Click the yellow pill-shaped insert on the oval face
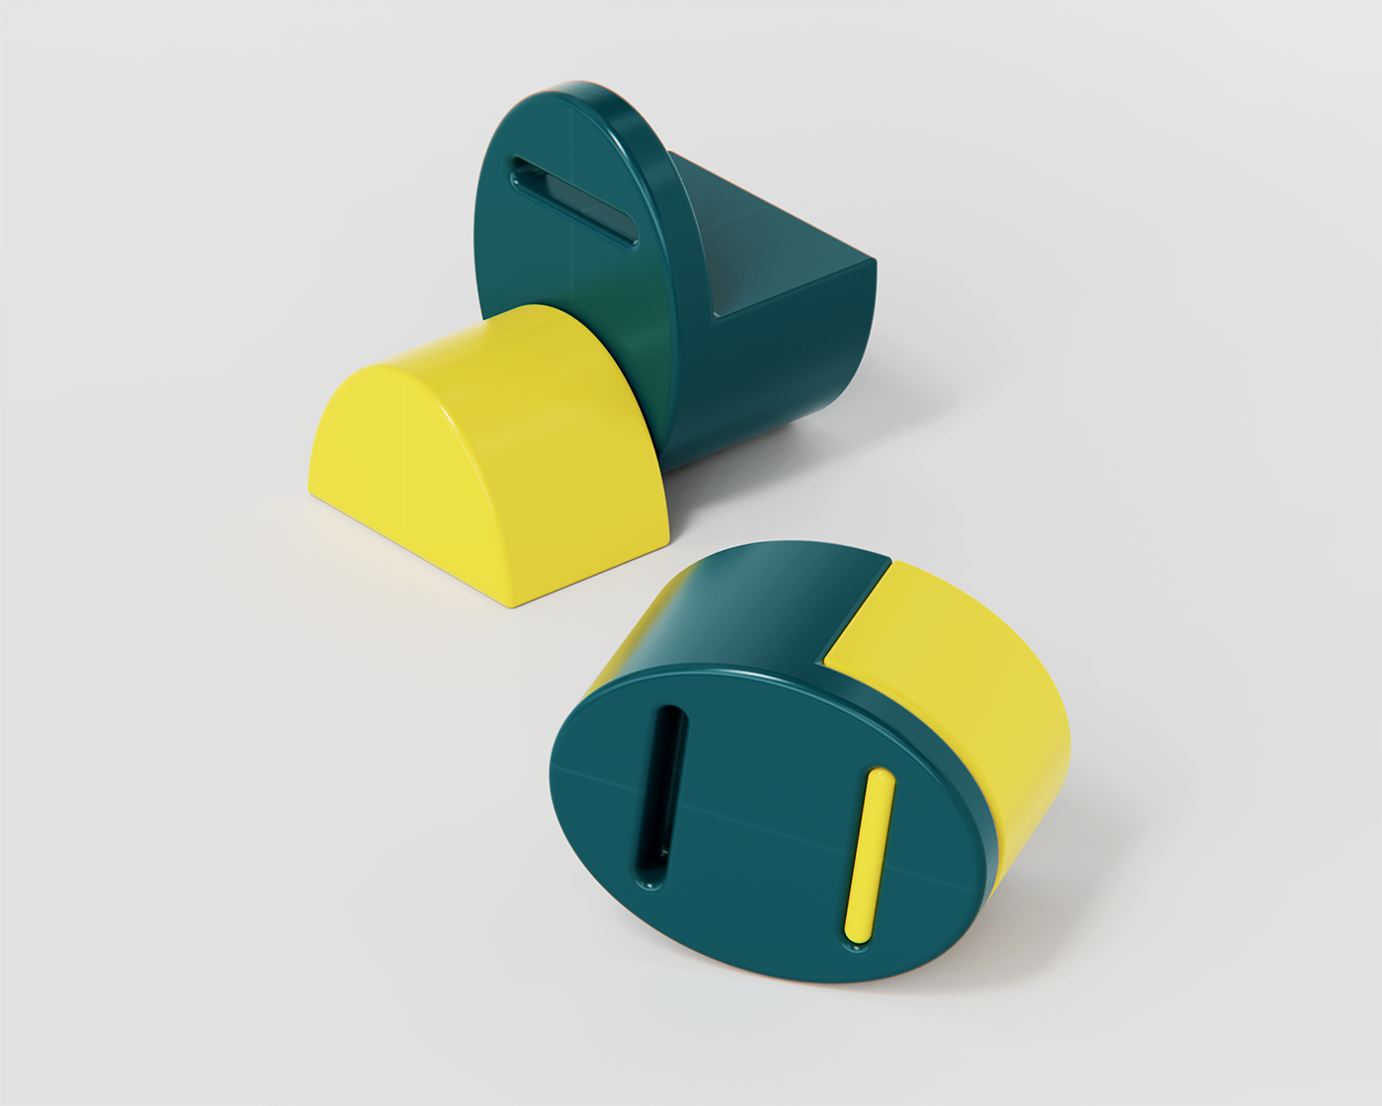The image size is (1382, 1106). coord(868,855)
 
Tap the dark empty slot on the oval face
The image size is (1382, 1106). coord(660,796)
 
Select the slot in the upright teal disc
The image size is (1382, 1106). coord(573,200)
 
